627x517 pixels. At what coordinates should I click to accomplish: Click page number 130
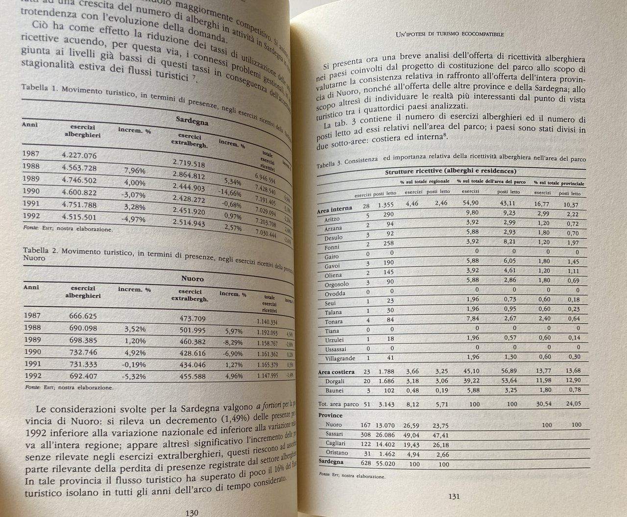189,513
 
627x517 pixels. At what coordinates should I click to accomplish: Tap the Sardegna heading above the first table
192,121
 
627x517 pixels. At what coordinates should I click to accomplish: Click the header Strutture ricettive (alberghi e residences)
449,172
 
